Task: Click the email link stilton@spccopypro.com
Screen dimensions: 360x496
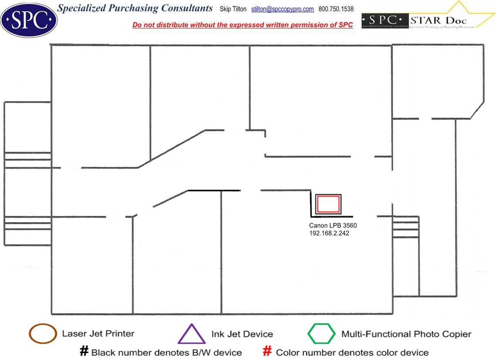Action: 282,9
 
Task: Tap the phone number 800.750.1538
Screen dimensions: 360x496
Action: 336,9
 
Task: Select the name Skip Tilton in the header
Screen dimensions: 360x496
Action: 233,9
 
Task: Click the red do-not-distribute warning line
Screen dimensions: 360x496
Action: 242,25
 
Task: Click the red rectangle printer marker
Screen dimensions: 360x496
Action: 328,204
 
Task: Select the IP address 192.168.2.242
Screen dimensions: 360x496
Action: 329,233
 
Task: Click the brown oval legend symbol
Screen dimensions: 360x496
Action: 43,334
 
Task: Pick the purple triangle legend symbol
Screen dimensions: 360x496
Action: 191,334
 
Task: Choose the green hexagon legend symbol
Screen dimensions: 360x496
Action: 322,334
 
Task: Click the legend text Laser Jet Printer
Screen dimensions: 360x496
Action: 98,334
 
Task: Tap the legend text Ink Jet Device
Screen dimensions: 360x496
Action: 242,334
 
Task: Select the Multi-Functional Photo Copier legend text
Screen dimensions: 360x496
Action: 406,334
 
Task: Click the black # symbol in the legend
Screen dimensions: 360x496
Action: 84,352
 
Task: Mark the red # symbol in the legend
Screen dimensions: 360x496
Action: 268,352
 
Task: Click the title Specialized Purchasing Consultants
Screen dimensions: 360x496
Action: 135,8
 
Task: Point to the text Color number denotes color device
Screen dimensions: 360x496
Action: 352,353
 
